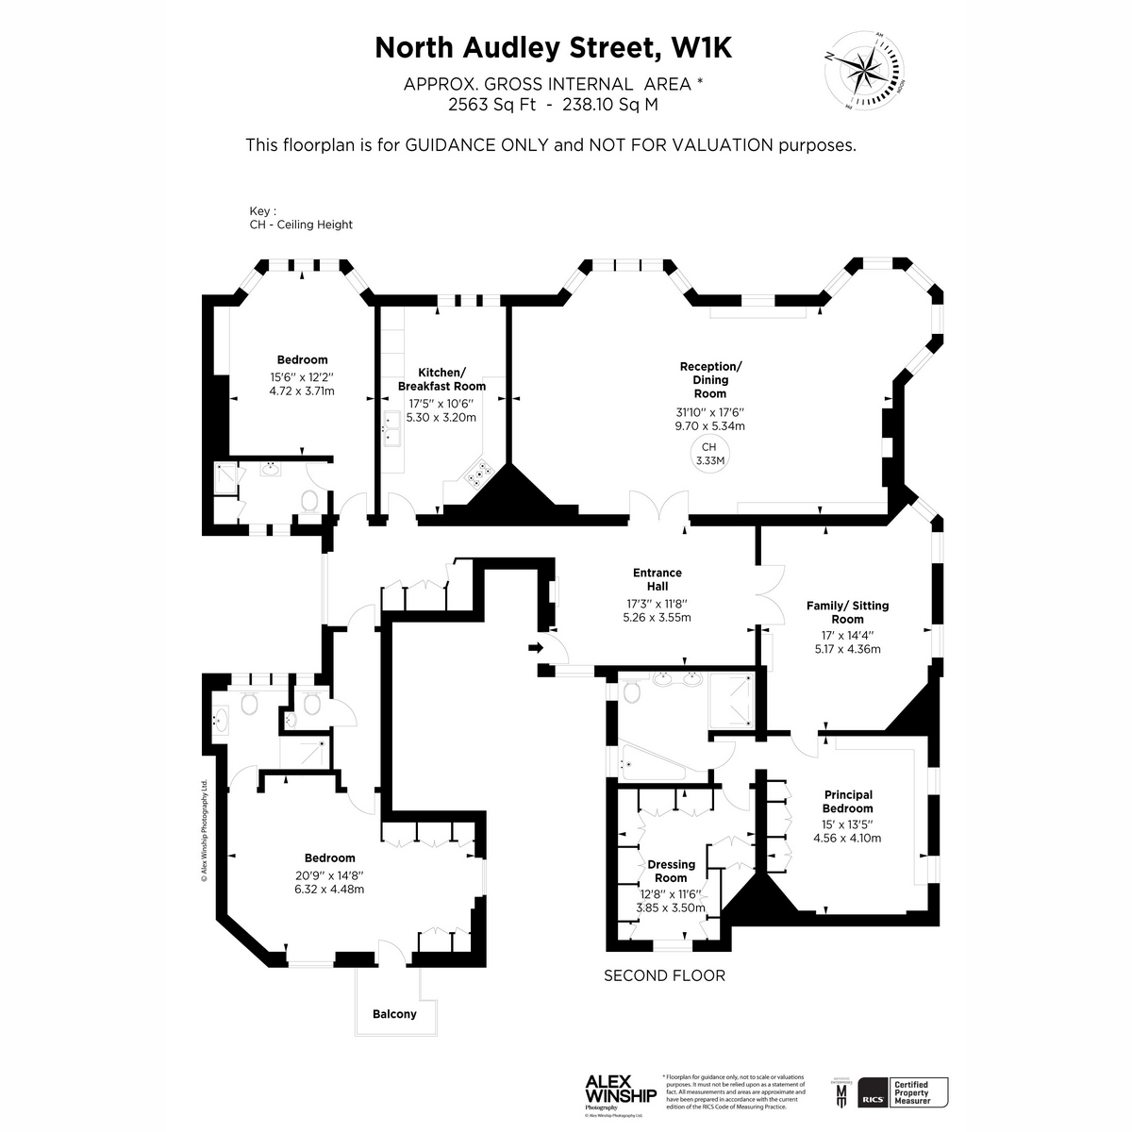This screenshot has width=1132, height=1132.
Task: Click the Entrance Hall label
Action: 658,579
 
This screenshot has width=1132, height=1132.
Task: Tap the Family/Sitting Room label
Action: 847,612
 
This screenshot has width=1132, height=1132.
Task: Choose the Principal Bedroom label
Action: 847,802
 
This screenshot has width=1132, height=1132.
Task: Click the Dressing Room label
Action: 671,871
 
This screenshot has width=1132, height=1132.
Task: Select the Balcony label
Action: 394,1014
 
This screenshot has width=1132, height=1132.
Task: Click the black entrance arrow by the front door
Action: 535,648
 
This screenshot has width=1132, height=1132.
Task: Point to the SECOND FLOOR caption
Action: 665,975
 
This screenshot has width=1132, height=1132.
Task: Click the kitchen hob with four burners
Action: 479,474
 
